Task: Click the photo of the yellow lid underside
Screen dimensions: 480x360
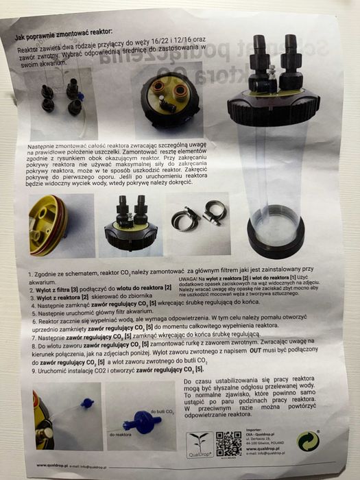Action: pyautogui.click(x=51, y=225)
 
